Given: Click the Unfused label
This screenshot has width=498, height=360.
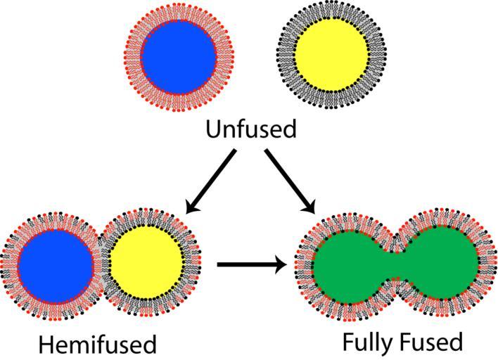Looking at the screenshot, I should pyautogui.click(x=251, y=130).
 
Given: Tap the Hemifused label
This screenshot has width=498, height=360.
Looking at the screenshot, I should pyautogui.click(x=98, y=345).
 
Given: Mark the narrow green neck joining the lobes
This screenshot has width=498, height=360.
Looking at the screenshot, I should pyautogui.click(x=396, y=266).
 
